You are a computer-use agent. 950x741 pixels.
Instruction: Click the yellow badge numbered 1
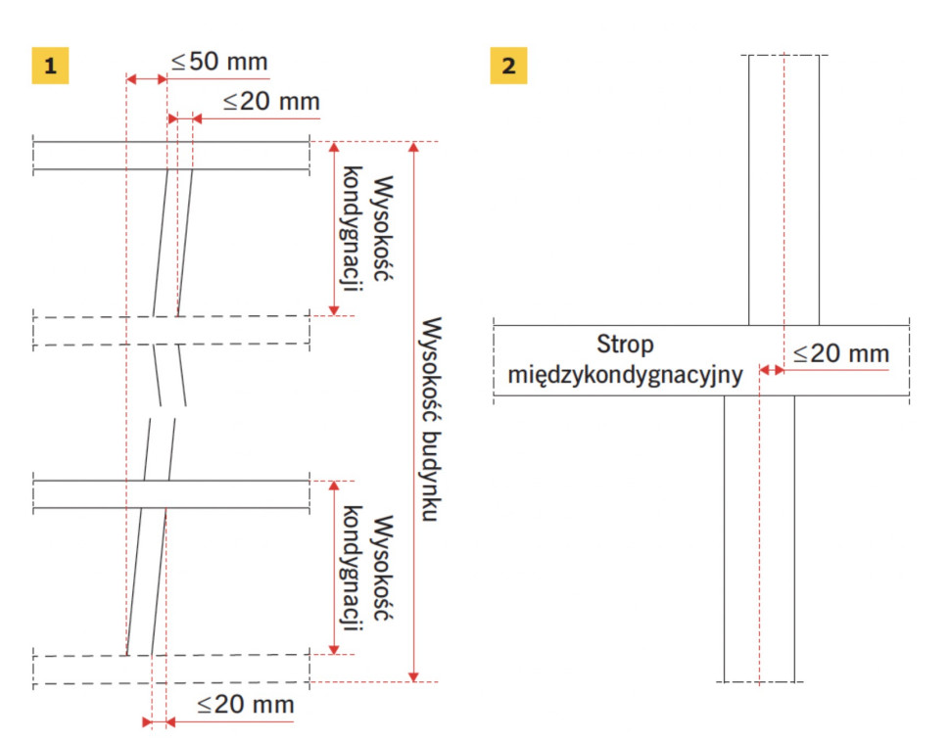50,66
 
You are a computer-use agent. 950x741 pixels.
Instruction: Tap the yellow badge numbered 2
508,66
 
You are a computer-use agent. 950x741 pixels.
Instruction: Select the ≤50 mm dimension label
219,62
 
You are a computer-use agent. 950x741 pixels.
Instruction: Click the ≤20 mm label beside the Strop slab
841,353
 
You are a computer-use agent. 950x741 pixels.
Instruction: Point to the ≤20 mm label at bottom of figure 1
246,705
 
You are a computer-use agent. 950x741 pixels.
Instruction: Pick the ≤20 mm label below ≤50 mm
271,102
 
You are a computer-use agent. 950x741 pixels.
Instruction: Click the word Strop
625,345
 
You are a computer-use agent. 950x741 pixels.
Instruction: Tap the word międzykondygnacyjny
625,375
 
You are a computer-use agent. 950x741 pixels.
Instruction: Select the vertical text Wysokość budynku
431,419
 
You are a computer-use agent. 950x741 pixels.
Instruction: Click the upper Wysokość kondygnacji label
367,229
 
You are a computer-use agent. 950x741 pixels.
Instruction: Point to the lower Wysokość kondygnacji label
367,569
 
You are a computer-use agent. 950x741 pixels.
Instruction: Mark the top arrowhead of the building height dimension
414,147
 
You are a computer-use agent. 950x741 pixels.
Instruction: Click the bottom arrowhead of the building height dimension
414,676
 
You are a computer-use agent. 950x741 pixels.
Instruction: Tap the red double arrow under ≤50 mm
147,78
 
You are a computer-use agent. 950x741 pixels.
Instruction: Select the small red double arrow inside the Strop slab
772,370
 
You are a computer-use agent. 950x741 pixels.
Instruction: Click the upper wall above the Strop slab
784,190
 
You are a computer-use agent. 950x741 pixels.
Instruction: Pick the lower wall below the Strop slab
759,538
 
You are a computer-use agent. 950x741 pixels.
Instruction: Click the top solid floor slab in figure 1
171,156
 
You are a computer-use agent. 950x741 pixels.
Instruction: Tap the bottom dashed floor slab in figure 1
171,670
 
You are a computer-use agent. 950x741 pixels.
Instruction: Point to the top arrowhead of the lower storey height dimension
334,486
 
